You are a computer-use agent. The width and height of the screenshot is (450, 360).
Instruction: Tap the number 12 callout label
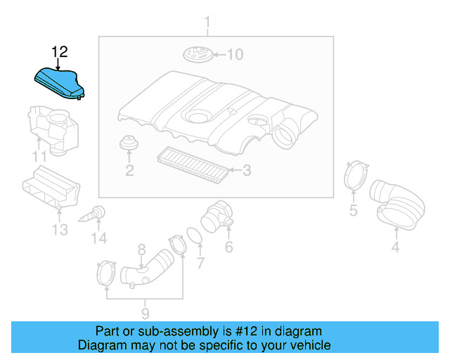coord(60,52)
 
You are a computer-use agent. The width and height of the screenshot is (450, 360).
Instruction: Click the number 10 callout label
coord(233,54)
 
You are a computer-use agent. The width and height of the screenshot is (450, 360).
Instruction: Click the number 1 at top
coord(207,27)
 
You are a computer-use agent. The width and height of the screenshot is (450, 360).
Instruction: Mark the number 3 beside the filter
coord(246,170)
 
